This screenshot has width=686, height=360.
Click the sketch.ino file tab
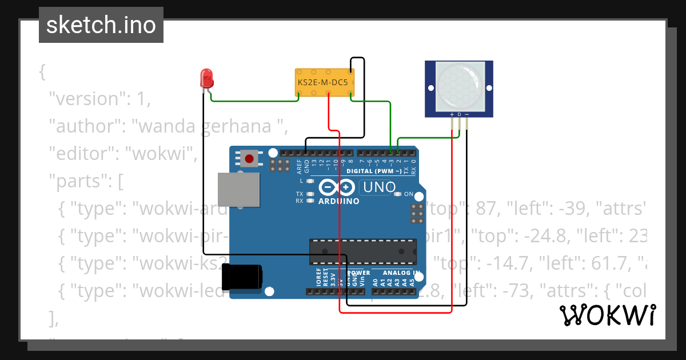click(101, 25)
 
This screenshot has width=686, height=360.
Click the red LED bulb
click(206, 78)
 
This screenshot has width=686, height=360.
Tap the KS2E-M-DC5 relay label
click(322, 83)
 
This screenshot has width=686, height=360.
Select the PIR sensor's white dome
click(458, 87)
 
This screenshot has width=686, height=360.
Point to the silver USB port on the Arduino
click(238, 190)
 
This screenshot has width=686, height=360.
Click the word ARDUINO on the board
click(339, 201)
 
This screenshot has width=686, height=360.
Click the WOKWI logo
click(607, 315)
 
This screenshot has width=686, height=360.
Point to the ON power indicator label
click(408, 194)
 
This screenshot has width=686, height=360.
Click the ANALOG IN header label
click(401, 273)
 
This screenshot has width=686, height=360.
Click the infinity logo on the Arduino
click(337, 187)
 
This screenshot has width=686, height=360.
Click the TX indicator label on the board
click(299, 194)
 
